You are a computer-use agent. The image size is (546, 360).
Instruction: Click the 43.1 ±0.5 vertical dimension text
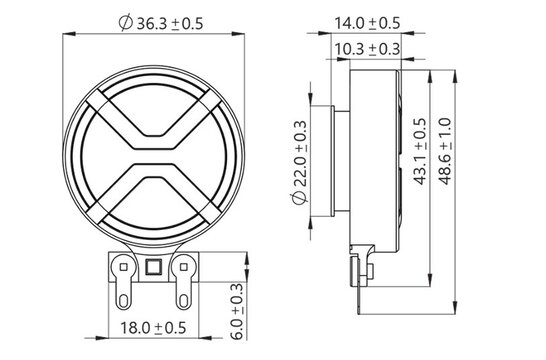pos(421,152)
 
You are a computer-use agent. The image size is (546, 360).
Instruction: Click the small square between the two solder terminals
pos(154,267)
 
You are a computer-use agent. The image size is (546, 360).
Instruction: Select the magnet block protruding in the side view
pos(337,154)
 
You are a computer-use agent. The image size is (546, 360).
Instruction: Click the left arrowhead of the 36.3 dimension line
pos(69,37)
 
